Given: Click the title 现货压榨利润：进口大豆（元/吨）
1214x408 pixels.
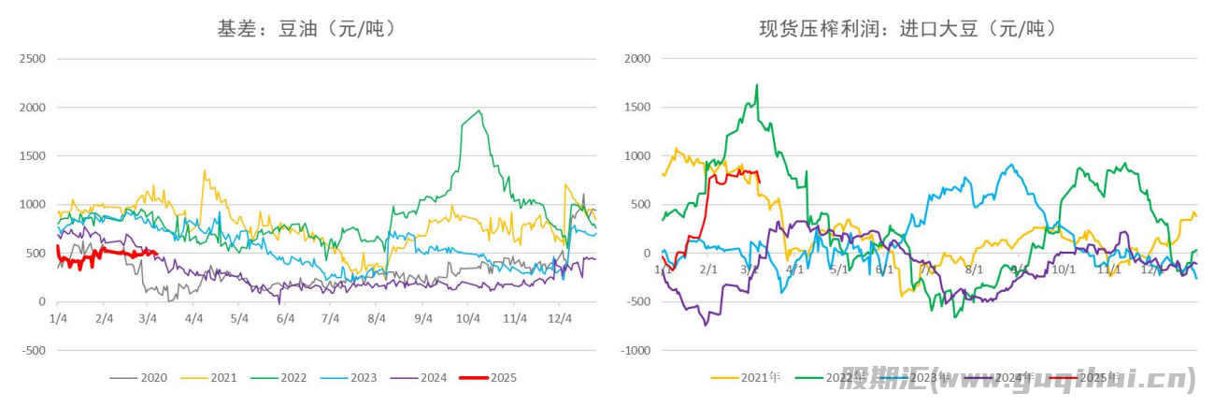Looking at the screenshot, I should [x=907, y=29].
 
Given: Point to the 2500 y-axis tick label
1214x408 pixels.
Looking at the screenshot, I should [x=33, y=59].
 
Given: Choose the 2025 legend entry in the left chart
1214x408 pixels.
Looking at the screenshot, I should [x=502, y=378].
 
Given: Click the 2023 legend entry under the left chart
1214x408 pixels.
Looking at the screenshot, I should [x=363, y=378].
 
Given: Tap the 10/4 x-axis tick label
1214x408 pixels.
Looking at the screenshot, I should [x=466, y=318].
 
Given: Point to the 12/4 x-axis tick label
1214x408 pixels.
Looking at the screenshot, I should [x=558, y=318].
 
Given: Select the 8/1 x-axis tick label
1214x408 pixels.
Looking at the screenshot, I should [x=975, y=270].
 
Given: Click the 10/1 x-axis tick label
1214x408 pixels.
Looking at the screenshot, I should [x=1063, y=270].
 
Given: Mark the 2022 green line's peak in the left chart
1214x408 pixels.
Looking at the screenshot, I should [x=479, y=110].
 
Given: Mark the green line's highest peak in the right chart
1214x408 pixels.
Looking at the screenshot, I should [x=756, y=85].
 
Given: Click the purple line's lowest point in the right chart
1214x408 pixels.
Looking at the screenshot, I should [x=706, y=325].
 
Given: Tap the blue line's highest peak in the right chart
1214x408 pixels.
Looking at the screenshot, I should [x=1011, y=165].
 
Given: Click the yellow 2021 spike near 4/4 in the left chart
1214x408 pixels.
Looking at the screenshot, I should [x=205, y=171].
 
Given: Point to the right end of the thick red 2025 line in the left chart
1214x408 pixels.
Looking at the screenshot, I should [x=155, y=252].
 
